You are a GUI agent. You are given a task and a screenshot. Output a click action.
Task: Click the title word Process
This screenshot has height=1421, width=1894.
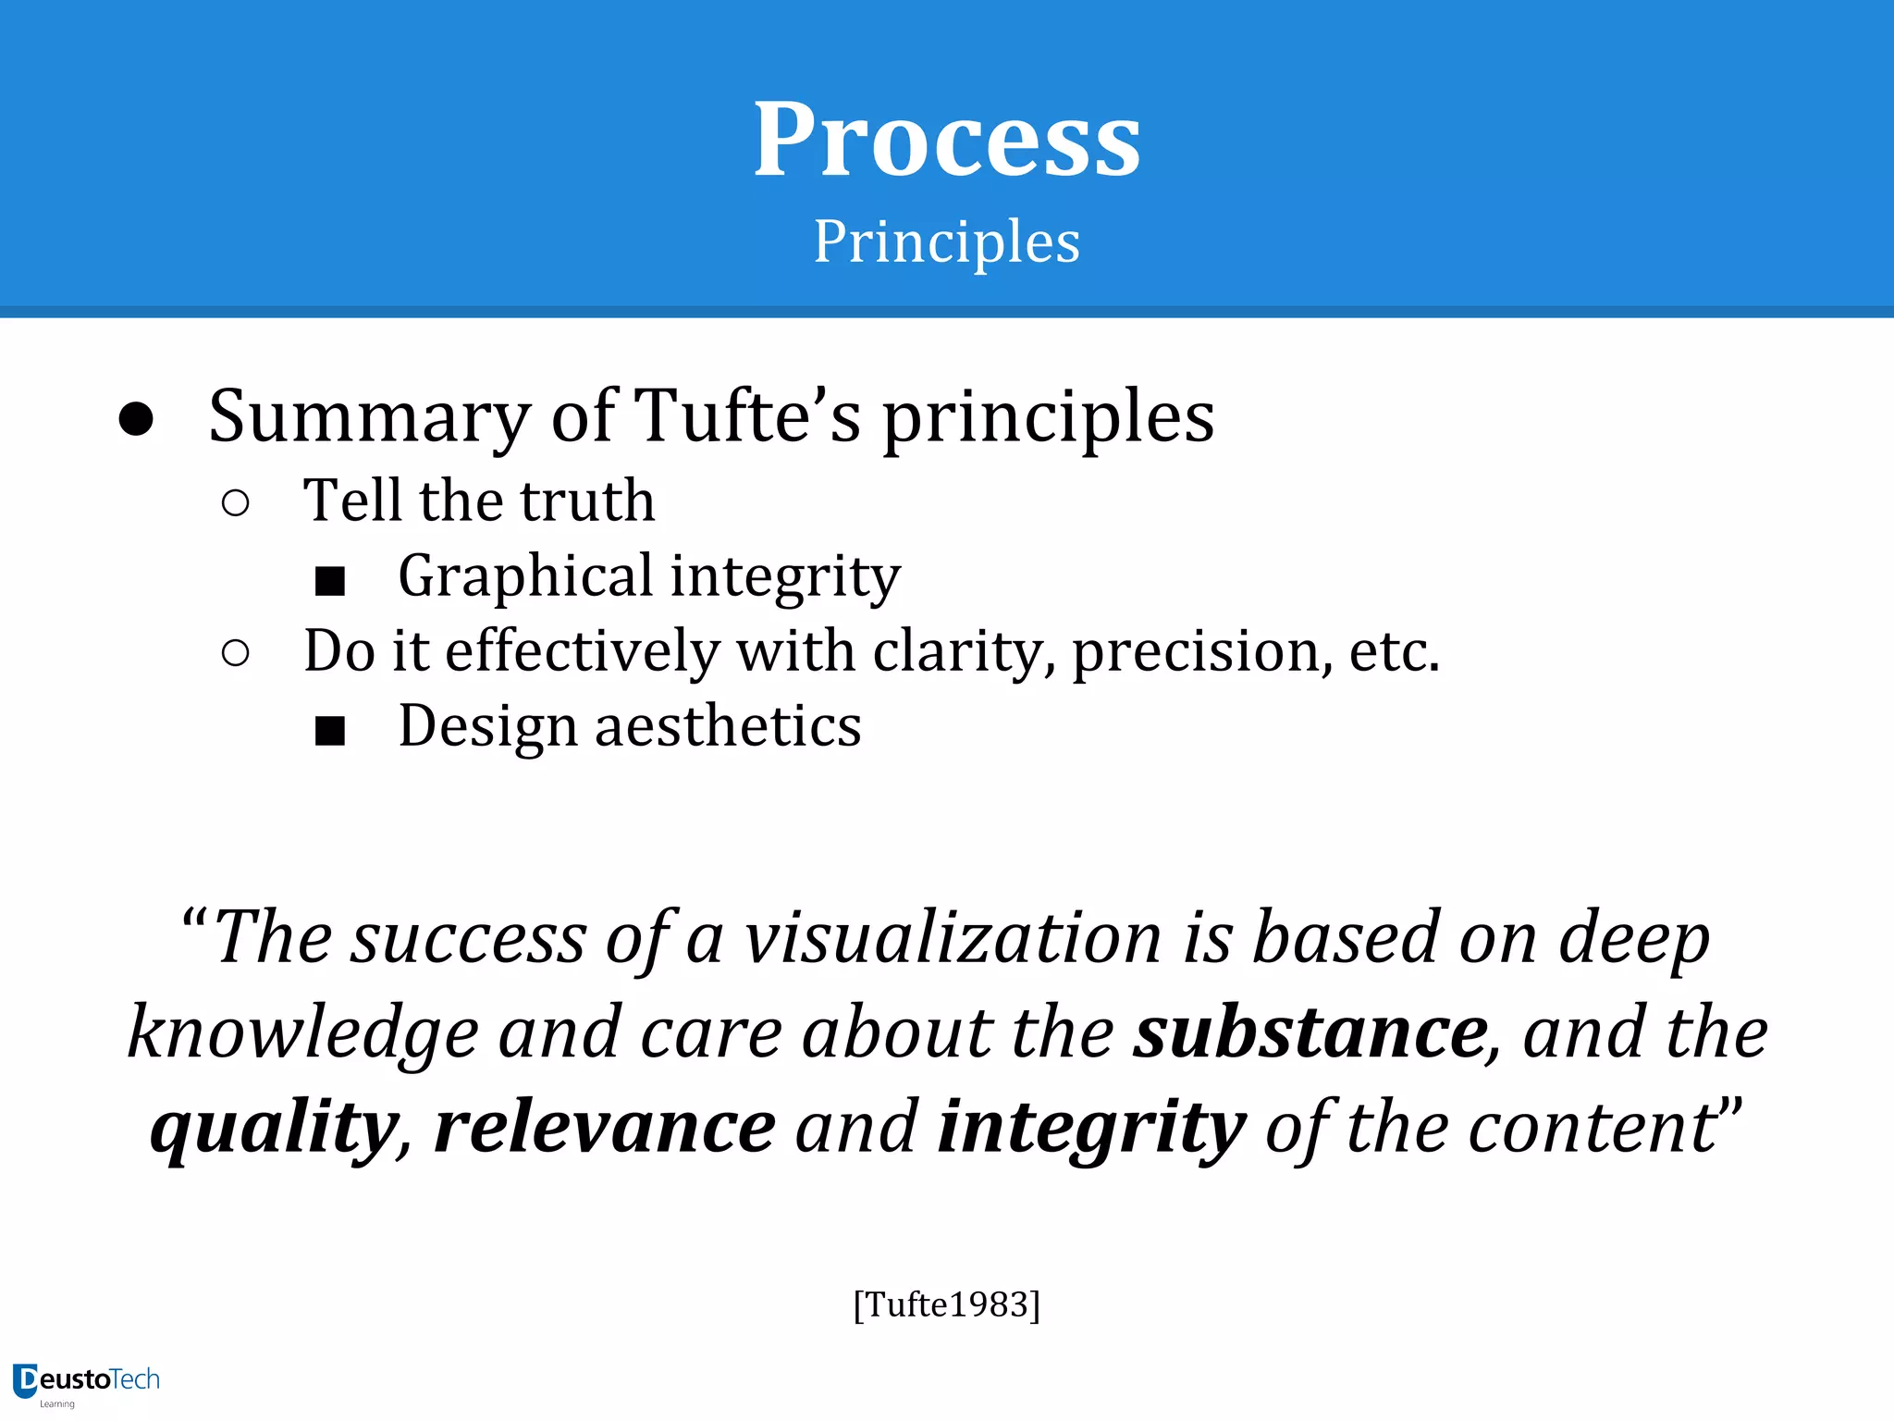click(x=947, y=141)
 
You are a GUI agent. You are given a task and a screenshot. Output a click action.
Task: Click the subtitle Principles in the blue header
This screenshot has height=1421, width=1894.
click(x=947, y=242)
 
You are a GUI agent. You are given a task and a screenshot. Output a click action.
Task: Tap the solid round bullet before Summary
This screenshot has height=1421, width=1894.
click(x=136, y=419)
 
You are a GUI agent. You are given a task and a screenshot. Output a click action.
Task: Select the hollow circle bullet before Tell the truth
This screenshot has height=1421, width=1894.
click(x=236, y=503)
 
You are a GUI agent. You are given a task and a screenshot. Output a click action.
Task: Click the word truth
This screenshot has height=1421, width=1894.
click(x=587, y=500)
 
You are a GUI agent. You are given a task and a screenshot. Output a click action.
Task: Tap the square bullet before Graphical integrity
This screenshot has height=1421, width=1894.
click(x=330, y=581)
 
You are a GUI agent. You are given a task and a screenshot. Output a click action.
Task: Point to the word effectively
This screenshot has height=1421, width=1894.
click(x=583, y=650)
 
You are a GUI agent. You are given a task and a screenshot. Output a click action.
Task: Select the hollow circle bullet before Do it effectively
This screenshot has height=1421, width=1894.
click(x=236, y=653)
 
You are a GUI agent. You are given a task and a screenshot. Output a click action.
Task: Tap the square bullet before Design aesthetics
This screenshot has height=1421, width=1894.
click(x=330, y=731)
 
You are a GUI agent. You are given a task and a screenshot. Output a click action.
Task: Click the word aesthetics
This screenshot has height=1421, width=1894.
click(x=728, y=726)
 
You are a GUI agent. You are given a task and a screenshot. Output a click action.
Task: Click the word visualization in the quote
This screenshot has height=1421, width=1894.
click(x=953, y=938)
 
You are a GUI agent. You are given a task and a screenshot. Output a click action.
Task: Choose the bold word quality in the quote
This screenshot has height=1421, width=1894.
click(x=275, y=1129)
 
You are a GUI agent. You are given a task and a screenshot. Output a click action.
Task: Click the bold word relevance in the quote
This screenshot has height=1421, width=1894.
click(x=605, y=1128)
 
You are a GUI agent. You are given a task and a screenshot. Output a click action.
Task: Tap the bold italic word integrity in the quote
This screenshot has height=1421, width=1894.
click(x=1091, y=1129)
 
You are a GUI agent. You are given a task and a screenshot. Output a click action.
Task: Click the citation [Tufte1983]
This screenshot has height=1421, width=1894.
click(x=947, y=1304)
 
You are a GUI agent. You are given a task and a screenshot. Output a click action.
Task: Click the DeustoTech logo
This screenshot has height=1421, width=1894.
click(x=87, y=1382)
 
